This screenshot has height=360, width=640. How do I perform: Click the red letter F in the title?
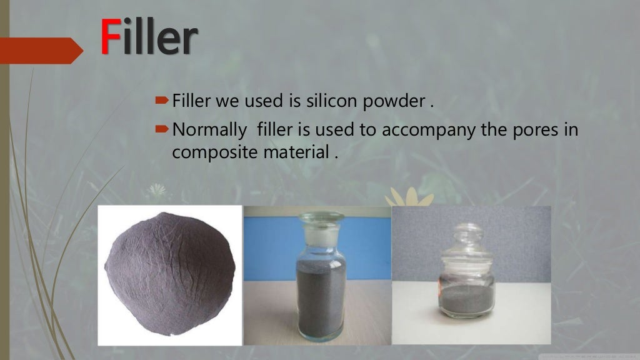pos(110,39)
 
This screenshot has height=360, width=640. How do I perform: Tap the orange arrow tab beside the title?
pos(40,50)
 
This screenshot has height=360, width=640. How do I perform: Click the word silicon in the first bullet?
pos(319,101)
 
